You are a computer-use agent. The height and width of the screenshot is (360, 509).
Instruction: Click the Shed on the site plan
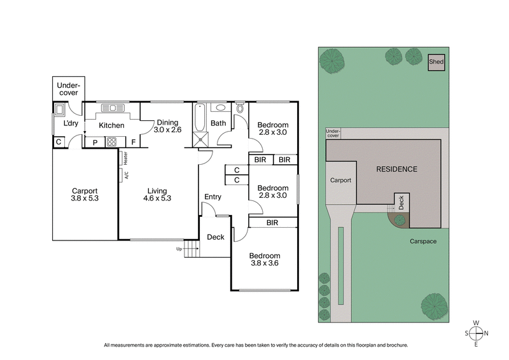pos(436,62)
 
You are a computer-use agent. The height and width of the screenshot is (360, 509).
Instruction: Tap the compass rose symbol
pos(477,333)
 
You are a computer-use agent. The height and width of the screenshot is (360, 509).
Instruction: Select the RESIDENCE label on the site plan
pos(396,169)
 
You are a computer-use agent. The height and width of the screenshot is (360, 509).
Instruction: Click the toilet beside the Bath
pos(239,108)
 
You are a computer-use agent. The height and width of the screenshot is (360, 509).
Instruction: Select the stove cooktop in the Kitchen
pos(112,142)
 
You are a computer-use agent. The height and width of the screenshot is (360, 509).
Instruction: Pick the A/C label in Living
pos(126,175)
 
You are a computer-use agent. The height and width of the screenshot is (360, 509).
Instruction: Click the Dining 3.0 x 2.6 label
pos(167,126)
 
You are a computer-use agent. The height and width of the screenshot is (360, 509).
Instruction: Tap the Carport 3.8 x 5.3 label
pos(85,194)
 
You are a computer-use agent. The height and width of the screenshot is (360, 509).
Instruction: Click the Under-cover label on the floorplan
pos(67,89)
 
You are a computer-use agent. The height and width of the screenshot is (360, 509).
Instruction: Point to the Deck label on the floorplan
pos(216,237)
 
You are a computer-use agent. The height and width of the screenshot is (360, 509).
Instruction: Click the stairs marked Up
pos(192,251)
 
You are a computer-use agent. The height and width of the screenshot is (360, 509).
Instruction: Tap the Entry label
pos(213,197)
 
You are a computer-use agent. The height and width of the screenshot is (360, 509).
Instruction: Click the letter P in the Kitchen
pos(95,142)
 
